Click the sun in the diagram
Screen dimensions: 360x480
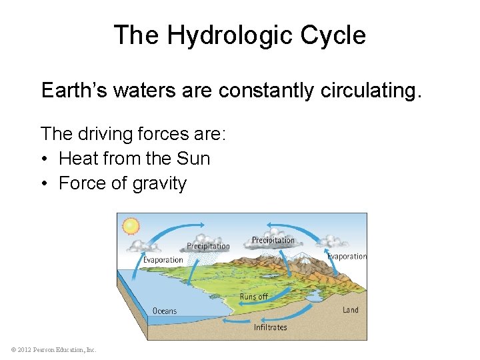coord(131,226)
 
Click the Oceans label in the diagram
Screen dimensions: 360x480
coord(165,311)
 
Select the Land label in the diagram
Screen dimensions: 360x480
coord(351,310)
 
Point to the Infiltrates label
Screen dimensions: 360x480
coord(271,327)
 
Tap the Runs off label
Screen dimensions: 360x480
coord(253,297)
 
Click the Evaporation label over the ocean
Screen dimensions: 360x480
coord(163,260)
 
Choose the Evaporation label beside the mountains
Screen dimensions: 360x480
coord(347,256)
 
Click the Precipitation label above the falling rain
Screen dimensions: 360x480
coord(208,246)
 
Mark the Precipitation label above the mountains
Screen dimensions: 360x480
coord(273,240)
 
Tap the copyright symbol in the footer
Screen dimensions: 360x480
coord(14,350)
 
